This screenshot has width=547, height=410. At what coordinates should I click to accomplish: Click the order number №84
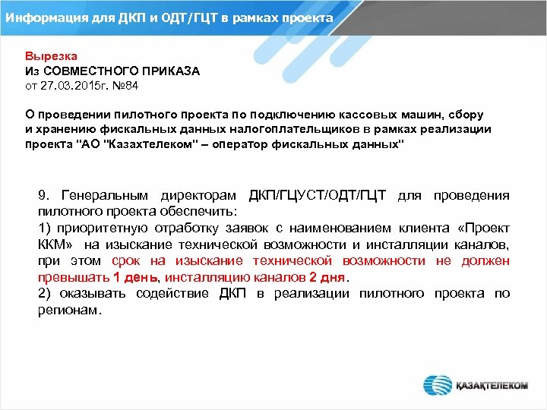coord(126,85)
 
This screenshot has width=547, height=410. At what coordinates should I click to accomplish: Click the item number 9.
coord(43,196)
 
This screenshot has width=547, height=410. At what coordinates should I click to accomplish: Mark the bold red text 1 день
coord(136,277)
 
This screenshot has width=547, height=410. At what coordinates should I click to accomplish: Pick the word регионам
coord(68,310)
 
